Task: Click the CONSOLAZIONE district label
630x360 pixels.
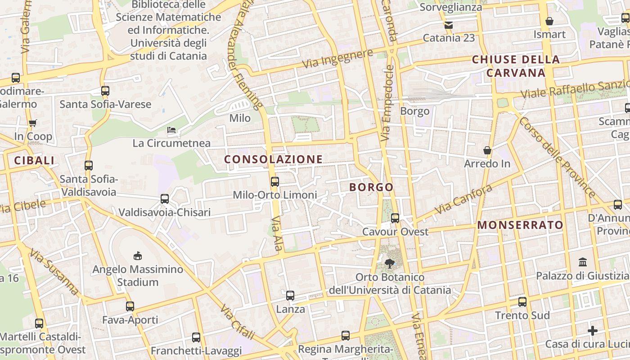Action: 273,159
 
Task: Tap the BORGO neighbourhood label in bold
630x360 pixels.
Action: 371,187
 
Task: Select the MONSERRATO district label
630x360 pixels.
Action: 520,225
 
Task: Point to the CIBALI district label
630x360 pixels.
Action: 34,161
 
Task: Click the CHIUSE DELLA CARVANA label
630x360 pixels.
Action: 516,66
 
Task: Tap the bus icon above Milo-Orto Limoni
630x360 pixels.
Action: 274,182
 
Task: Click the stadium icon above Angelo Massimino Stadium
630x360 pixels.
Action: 138,256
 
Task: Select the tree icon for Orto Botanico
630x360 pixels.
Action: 390,264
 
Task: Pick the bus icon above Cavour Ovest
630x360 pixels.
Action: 395,218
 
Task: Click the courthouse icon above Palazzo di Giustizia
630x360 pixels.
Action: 583,262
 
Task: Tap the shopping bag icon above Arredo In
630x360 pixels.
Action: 487,150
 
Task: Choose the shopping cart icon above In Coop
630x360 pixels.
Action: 32,123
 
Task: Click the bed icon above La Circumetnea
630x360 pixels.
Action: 171,130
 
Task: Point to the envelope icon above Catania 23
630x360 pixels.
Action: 449,25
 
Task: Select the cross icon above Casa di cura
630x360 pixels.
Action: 593,331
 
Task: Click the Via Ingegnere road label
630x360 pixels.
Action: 337,59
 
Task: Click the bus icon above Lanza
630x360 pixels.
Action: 290,296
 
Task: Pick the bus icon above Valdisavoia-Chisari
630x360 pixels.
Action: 165,199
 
